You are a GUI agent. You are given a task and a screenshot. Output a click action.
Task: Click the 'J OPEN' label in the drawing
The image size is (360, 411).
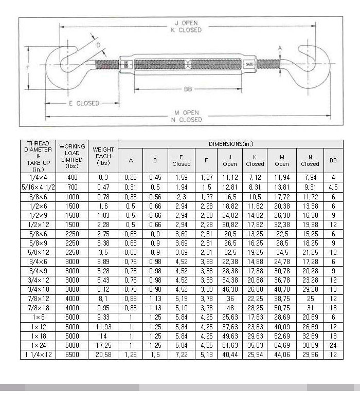[186, 23]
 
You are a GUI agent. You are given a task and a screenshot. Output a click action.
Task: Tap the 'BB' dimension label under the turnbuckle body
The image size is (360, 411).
[188, 89]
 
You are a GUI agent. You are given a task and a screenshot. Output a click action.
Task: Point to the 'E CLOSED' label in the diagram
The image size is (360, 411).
[84, 103]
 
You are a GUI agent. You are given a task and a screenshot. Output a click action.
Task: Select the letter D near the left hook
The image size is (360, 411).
[98, 46]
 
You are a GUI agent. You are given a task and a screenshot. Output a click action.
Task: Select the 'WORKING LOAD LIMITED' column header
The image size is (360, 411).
[72, 156]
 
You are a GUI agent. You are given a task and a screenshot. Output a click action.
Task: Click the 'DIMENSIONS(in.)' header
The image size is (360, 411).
[230, 144]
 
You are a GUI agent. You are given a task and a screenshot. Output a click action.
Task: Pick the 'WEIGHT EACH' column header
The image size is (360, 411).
[103, 156]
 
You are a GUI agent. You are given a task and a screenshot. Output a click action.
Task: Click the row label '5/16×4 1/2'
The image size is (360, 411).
[38, 188]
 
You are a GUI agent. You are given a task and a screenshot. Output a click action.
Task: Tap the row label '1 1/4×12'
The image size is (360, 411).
[38, 355]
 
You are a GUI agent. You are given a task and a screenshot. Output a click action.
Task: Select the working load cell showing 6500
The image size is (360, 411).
[72, 355]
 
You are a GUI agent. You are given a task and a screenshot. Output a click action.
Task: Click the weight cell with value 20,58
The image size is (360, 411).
[103, 355]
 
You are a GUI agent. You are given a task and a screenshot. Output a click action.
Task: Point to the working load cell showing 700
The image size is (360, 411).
[72, 188]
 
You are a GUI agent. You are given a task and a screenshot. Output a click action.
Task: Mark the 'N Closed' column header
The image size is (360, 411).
[310, 160]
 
